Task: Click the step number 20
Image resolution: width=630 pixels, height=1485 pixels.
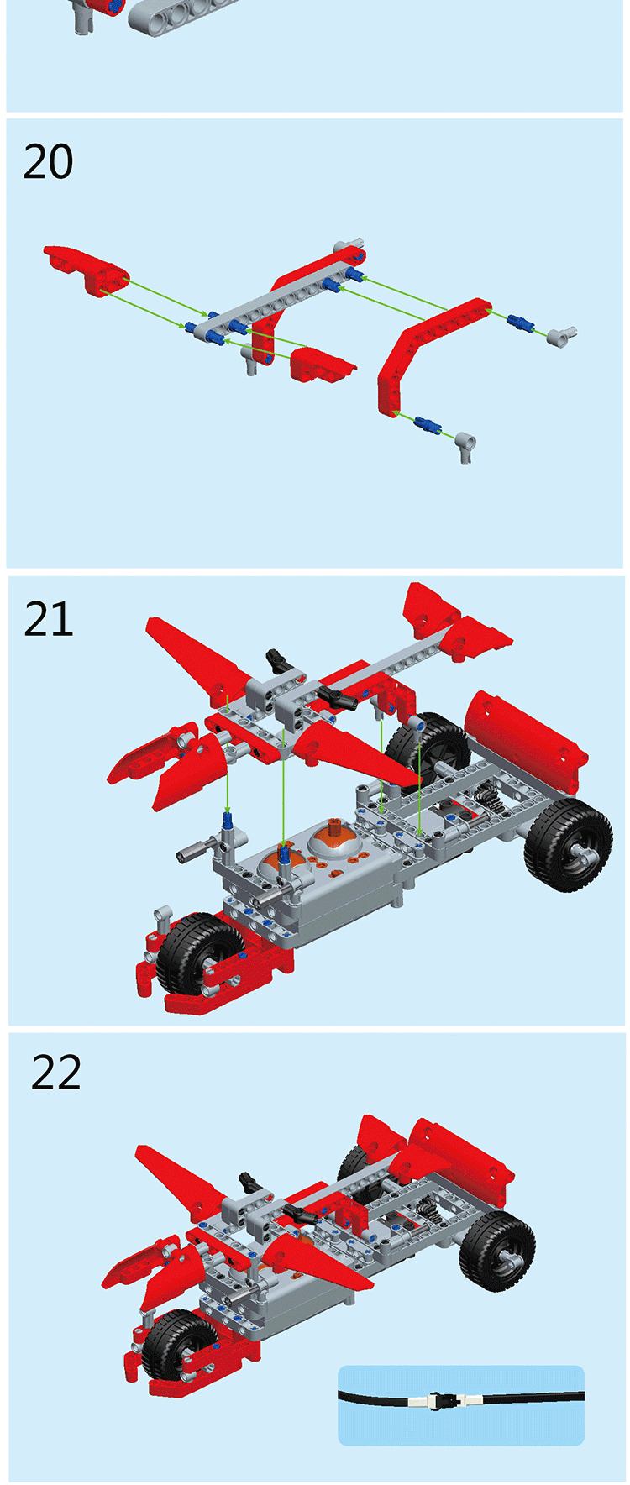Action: pyautogui.click(x=48, y=161)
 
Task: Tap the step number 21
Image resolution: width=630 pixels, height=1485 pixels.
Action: pyautogui.click(x=49, y=619)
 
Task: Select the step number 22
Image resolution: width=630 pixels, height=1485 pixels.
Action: pyautogui.click(x=56, y=1073)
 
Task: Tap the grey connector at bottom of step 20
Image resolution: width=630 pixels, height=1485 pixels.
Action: pyautogui.click(x=466, y=446)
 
